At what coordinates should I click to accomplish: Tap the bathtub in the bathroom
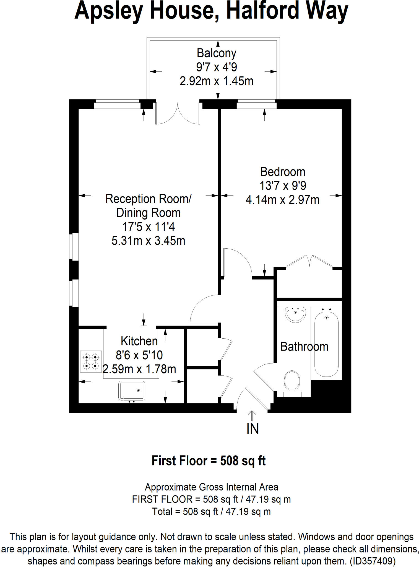pos(326,343)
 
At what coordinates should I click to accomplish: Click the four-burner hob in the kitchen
pos(91,361)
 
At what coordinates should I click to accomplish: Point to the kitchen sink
pos(132,391)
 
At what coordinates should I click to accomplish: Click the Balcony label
pos(216,53)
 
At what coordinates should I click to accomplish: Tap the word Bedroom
pos(282,172)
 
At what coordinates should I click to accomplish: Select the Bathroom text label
pos(304,347)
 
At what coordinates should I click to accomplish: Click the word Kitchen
pos(139,341)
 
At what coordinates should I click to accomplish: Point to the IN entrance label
pos(252,429)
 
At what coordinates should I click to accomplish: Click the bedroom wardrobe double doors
pos(309,262)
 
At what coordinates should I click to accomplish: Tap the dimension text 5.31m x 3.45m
pos(148,241)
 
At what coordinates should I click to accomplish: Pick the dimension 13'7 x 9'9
pos(282,185)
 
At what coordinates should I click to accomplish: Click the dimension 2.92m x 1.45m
pos(216,81)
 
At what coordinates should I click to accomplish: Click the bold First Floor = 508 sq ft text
pos(209,461)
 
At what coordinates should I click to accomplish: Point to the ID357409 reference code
pos(373,561)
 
